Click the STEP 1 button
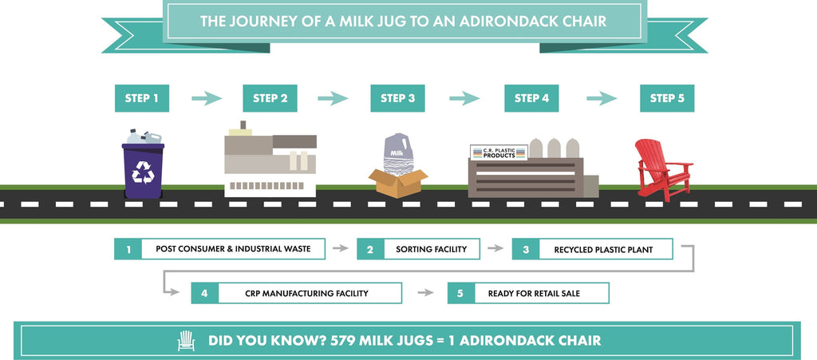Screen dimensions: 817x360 (142, 98)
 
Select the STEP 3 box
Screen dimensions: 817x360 (397, 98)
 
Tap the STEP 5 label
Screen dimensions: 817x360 (667, 98)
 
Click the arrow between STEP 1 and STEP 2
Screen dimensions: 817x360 (207, 98)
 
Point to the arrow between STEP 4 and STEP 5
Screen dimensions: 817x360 (602, 98)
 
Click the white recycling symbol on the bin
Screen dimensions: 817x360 (143, 172)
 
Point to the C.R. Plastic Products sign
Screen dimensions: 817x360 (499, 152)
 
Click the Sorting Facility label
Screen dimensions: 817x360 (418, 249)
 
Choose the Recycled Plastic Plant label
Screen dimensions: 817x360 (593, 249)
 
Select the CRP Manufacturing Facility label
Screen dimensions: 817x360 (297, 293)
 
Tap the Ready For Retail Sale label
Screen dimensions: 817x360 (528, 293)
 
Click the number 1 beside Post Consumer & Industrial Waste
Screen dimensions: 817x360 (128, 249)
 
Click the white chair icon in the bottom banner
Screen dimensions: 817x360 (186, 341)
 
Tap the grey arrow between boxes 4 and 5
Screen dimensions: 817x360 (425, 293)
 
